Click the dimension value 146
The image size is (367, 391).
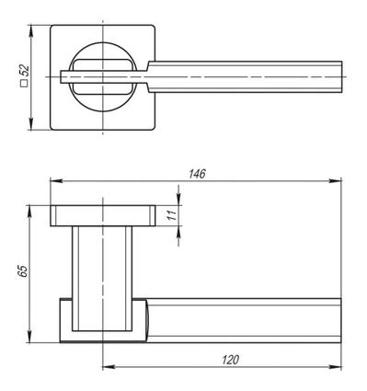click(197, 174)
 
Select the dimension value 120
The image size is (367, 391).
click(230, 360)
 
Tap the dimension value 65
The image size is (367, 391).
click(23, 271)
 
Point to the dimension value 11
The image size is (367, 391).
click(172, 215)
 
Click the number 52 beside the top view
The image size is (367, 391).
click(24, 71)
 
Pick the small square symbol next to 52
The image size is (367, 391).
click(24, 84)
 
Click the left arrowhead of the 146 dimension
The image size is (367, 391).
click(56, 181)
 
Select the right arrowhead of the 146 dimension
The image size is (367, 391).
click(335, 181)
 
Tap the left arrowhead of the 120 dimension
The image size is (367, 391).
click(109, 367)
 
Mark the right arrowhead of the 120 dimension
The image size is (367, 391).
click(335, 367)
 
